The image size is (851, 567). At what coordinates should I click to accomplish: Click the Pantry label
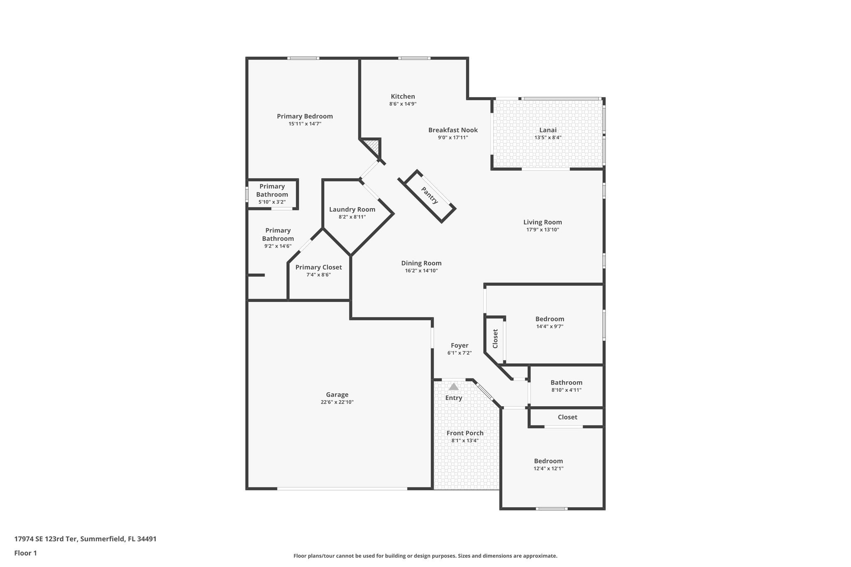tap(429, 195)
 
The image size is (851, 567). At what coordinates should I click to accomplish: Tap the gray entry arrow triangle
tap(454, 387)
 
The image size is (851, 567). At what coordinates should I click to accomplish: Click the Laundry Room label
tap(352, 209)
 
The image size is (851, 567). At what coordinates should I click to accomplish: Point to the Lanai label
tap(548, 130)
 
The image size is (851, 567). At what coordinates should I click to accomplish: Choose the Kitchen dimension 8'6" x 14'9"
tap(403, 104)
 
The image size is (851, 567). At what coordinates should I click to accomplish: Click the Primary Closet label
tap(318, 267)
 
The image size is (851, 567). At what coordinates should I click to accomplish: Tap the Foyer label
tap(459, 345)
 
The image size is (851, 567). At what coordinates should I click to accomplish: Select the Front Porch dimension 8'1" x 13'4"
tap(465, 440)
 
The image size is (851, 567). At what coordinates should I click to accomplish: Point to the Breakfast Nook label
tap(453, 130)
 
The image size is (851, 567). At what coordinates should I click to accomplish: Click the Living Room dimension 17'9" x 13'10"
tap(542, 230)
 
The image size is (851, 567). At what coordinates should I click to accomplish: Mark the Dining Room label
tap(421, 263)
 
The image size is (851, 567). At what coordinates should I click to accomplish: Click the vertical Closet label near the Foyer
tap(495, 339)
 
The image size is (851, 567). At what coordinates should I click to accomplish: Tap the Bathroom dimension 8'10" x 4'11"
tap(566, 390)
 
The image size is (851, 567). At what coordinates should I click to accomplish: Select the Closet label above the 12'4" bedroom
tap(567, 417)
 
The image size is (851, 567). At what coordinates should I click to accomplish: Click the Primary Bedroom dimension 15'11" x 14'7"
tap(305, 124)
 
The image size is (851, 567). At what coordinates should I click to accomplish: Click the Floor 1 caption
tap(25, 553)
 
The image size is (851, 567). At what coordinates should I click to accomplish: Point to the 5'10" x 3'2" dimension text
tap(272, 202)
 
